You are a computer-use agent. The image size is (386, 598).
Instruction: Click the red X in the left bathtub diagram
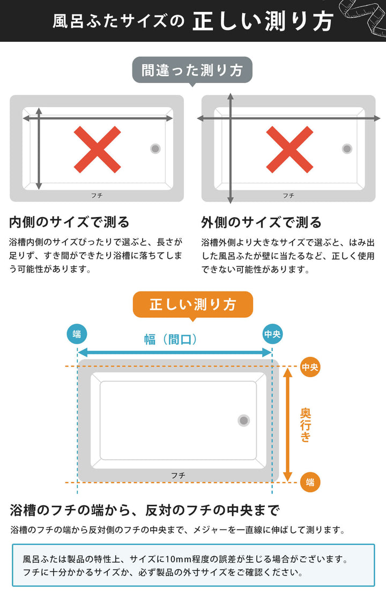97,149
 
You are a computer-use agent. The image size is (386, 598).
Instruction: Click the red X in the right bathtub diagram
289,149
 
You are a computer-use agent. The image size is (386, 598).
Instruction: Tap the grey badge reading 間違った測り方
192,70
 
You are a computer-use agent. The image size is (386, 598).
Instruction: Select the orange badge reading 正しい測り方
192,305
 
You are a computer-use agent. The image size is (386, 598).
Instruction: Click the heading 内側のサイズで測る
70,222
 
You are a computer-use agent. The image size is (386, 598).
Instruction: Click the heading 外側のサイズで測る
262,222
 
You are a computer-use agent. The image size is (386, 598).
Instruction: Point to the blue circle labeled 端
77,334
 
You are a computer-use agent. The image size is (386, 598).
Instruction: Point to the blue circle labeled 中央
272,334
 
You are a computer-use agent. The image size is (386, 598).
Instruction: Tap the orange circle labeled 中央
310,367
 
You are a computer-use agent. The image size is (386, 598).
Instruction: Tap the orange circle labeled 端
310,482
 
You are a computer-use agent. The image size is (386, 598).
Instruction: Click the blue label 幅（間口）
172,339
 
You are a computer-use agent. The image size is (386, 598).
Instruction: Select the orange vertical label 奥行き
306,424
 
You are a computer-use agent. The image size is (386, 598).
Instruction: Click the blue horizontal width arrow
175,353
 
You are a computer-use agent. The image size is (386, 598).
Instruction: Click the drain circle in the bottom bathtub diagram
244,421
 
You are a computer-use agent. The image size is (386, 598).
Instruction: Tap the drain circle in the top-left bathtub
155,148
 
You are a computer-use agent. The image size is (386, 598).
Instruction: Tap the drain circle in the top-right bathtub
347,148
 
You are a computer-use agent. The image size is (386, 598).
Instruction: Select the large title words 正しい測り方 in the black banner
263,21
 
